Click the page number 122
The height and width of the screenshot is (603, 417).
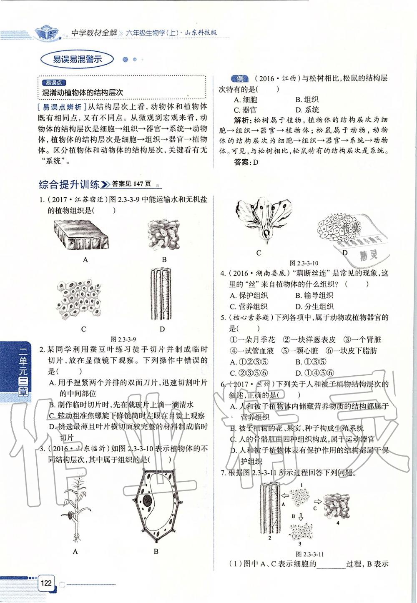point(45,582)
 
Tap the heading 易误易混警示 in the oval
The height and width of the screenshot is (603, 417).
point(78,59)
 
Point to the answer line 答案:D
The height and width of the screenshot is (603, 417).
point(247,162)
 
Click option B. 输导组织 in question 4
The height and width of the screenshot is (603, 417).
point(314,295)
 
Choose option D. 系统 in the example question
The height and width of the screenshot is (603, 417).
point(307,110)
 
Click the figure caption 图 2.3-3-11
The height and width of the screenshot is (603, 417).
point(309,554)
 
